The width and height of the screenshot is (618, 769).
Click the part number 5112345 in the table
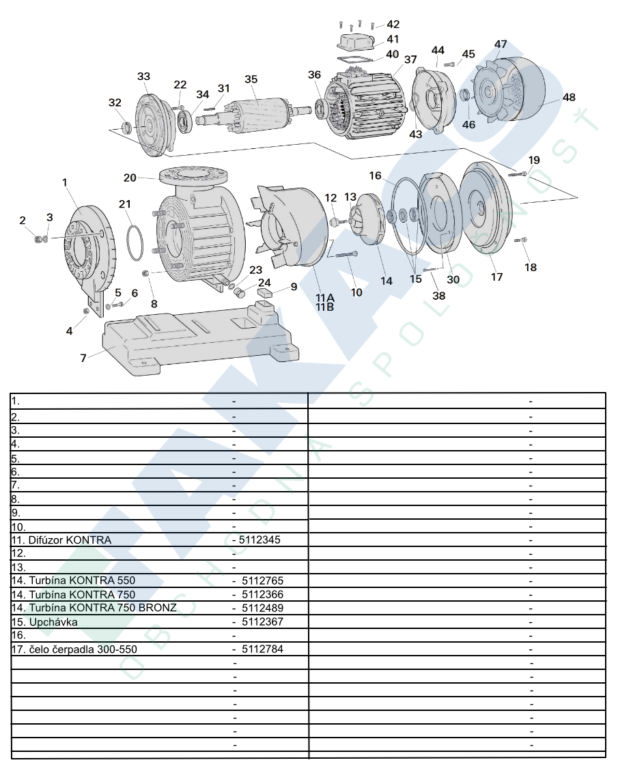(x=259, y=540)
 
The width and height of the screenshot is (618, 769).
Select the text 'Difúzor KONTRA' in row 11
(x=70, y=540)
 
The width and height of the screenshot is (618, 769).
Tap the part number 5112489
(x=262, y=608)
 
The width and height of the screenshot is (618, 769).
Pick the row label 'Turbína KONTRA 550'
(x=82, y=581)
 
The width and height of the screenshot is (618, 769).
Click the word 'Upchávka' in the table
(x=53, y=622)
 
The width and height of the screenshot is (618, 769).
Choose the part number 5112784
(x=262, y=649)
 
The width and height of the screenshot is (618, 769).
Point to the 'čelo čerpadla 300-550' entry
(x=83, y=649)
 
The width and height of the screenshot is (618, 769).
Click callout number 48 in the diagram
(x=569, y=97)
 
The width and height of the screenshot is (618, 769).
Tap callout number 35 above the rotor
(x=251, y=79)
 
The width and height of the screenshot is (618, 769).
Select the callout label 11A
(x=324, y=298)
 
